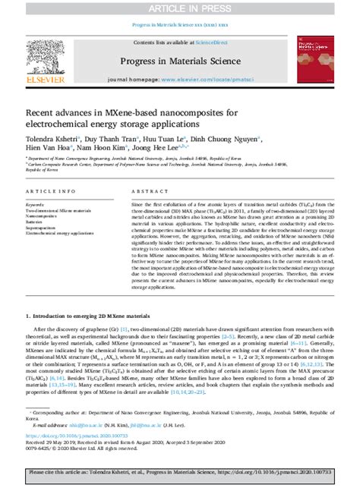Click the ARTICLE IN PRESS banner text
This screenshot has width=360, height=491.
click(179, 8)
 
